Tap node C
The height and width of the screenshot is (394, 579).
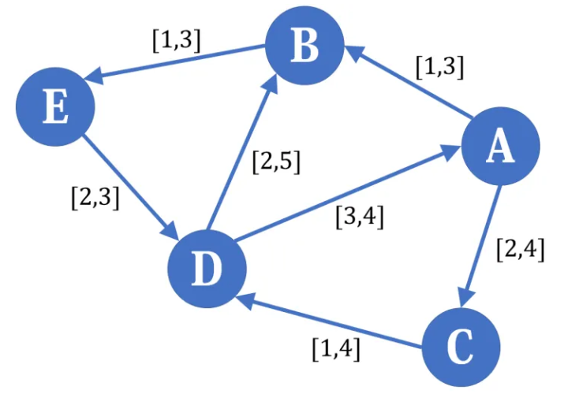coord(461,345)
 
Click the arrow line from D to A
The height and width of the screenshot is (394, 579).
coord(347,194)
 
